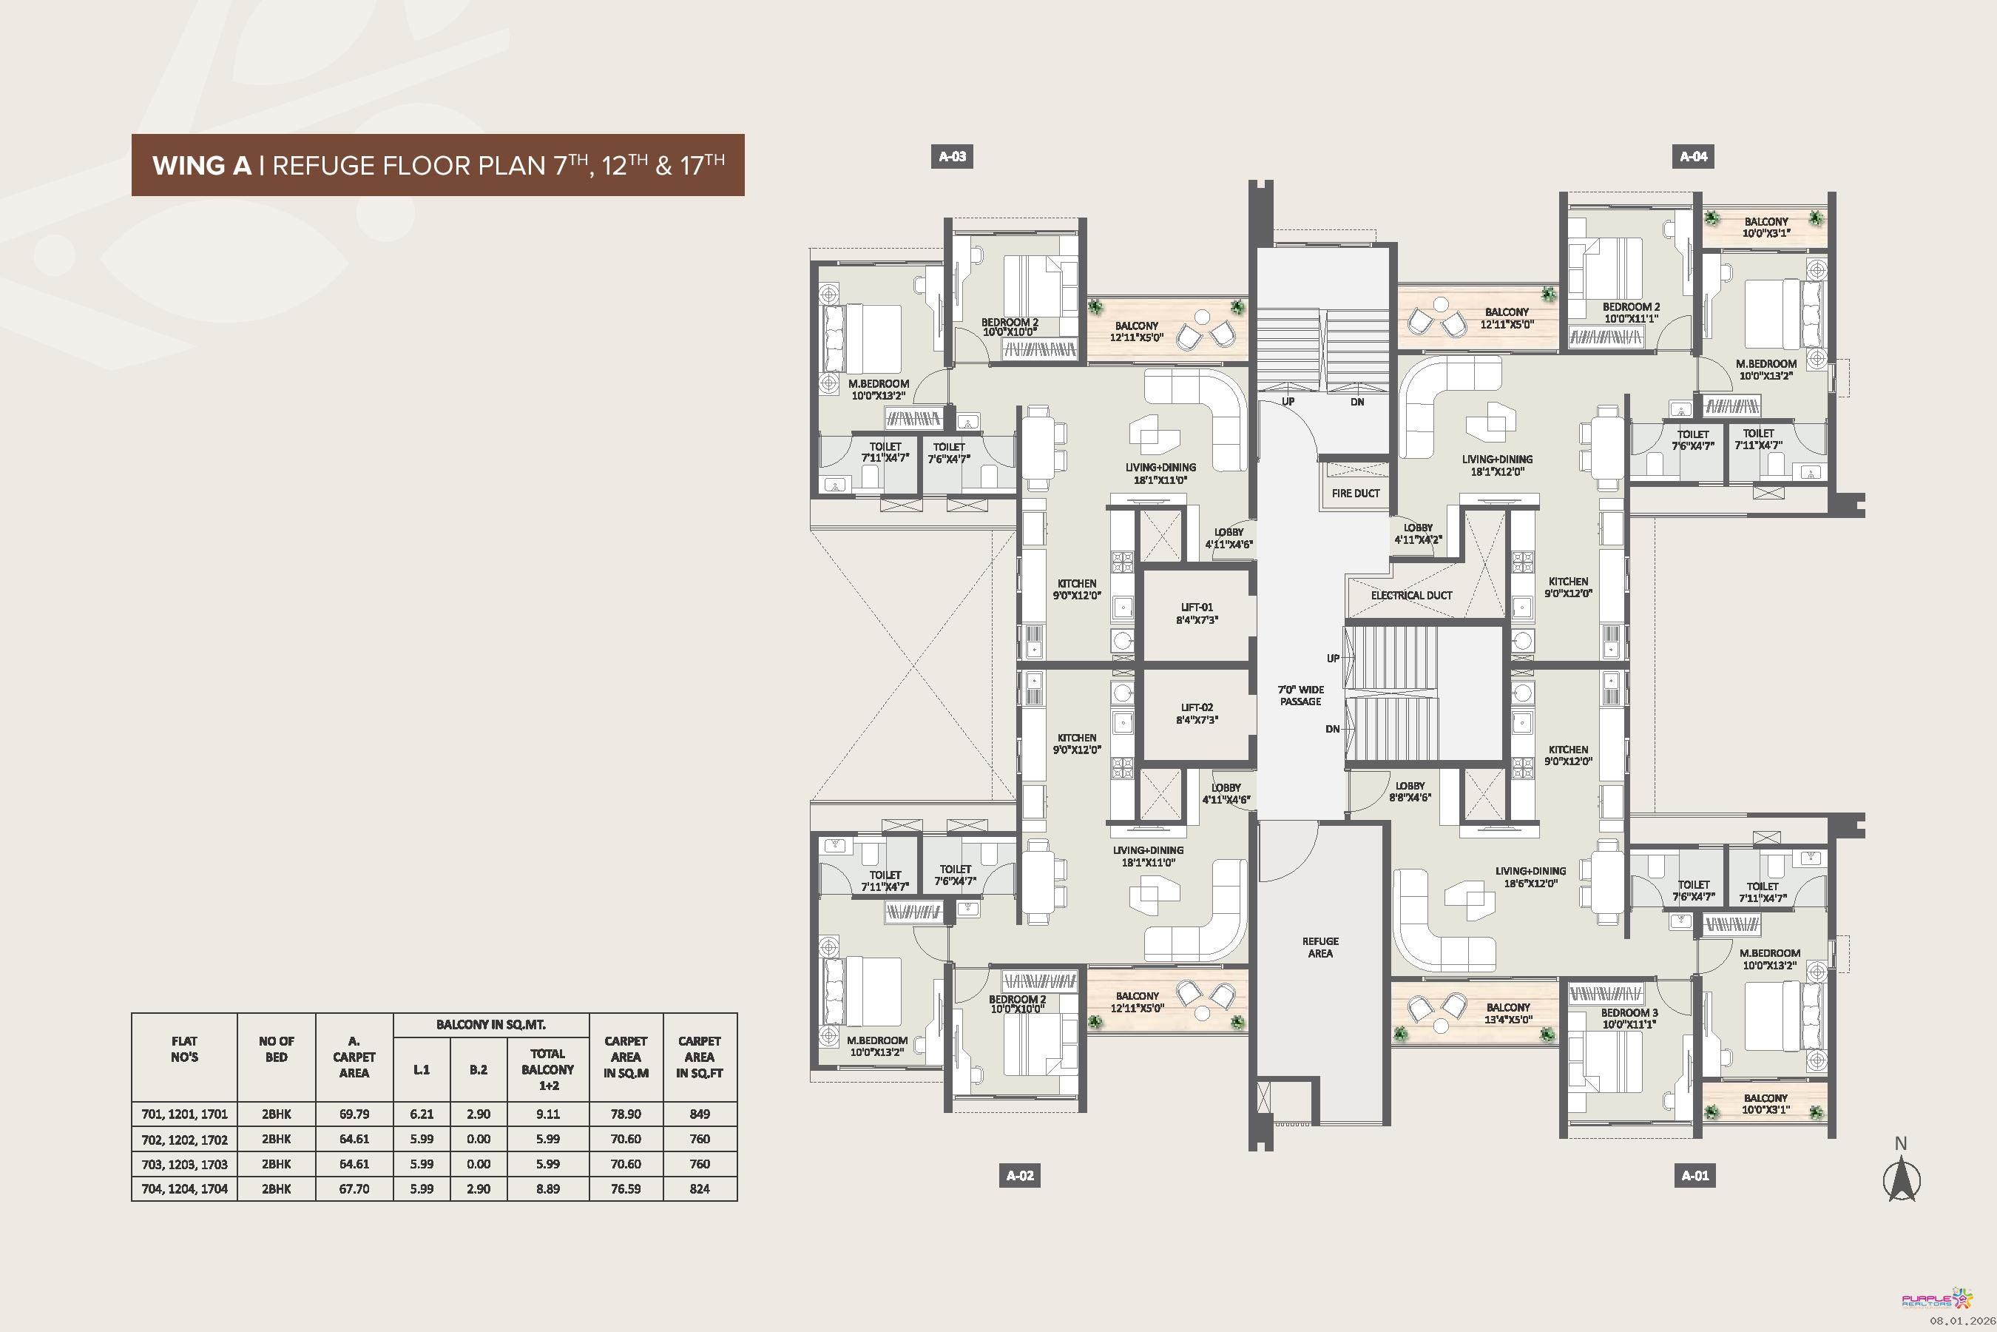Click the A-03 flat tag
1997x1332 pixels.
[952, 156]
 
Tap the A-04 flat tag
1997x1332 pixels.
[1693, 156]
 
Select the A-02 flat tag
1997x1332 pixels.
[1020, 1176]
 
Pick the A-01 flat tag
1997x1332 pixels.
[1694, 1176]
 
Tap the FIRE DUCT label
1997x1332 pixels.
[1355, 493]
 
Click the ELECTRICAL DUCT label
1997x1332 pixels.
[1411, 596]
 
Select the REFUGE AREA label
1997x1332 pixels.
[1320, 947]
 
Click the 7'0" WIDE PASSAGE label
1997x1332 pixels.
[1301, 696]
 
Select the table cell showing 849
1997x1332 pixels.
[700, 1114]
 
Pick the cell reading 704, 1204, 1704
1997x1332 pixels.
[184, 1188]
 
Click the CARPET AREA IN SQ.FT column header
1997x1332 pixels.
[700, 1057]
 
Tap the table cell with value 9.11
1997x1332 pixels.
[547, 1114]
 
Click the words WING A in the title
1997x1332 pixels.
[202, 165]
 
